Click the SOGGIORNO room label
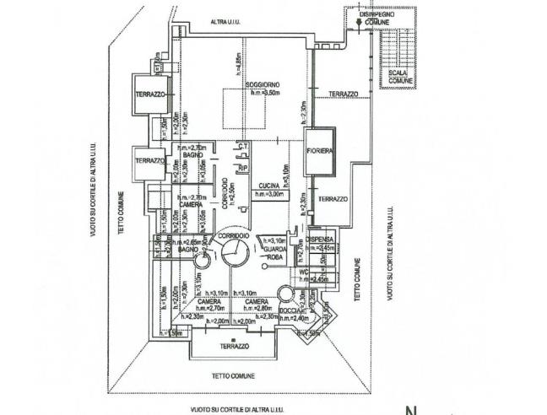tap(263, 86)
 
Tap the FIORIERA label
tap(320, 151)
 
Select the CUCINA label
tap(269, 185)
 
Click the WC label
tap(301, 272)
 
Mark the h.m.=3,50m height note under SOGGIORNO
tap(264, 94)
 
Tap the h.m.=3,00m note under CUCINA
tap(270, 194)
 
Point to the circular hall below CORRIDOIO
tap(232, 251)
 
